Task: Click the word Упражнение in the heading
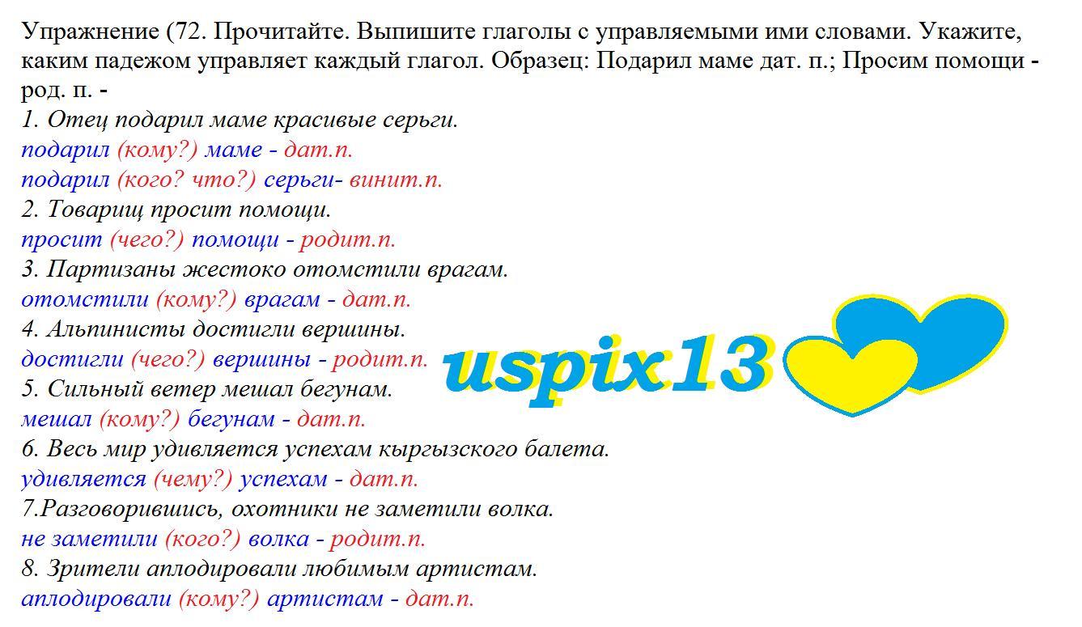(91, 32)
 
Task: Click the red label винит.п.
(396, 180)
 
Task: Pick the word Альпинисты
(116, 330)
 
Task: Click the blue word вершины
(262, 360)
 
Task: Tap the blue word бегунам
(231, 419)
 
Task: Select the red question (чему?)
(193, 480)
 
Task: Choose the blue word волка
(278, 540)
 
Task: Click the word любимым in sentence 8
(355, 570)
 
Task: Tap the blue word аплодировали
(96, 599)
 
